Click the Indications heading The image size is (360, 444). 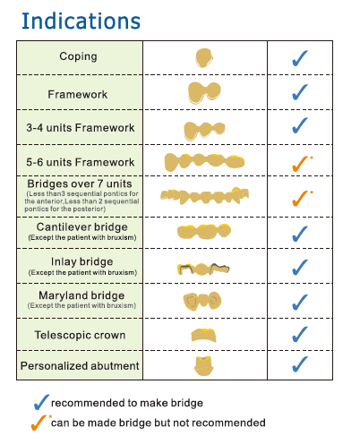[81, 21]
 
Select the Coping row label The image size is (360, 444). [78, 56]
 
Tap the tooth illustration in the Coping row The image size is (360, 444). [204, 58]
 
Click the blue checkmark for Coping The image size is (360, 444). [300, 58]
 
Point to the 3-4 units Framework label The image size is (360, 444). [81, 128]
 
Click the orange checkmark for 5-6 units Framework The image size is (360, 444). [301, 164]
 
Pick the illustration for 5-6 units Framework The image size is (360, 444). [204, 162]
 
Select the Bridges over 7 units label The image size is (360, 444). [80, 184]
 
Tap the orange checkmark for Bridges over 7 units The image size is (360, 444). [301, 199]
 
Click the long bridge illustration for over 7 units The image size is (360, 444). [204, 196]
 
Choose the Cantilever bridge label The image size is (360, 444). [82, 227]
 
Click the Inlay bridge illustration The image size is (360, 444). [203, 269]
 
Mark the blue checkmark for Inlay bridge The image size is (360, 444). [300, 267]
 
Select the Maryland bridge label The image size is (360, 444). [81, 295]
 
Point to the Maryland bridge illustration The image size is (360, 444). [202, 301]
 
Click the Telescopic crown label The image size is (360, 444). [80, 335]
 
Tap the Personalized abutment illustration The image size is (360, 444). [204, 366]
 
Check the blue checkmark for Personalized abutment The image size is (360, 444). [300, 364]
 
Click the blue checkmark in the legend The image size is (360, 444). [41, 402]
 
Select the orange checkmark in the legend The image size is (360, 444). [40, 423]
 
